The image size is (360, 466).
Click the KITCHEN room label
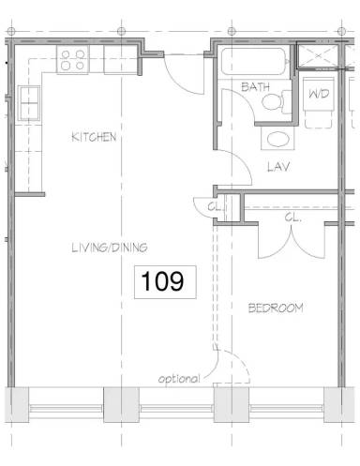tap(94, 137)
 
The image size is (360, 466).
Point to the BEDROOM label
tap(276, 308)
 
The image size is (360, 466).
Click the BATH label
tap(256, 87)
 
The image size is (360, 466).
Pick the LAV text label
tap(276, 169)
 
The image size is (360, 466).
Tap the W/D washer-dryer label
tap(319, 95)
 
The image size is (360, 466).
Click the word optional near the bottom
tap(179, 380)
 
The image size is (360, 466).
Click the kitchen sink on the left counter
tap(27, 97)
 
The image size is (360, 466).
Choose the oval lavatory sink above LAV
tap(276, 141)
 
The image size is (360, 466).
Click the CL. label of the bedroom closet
tap(293, 217)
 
